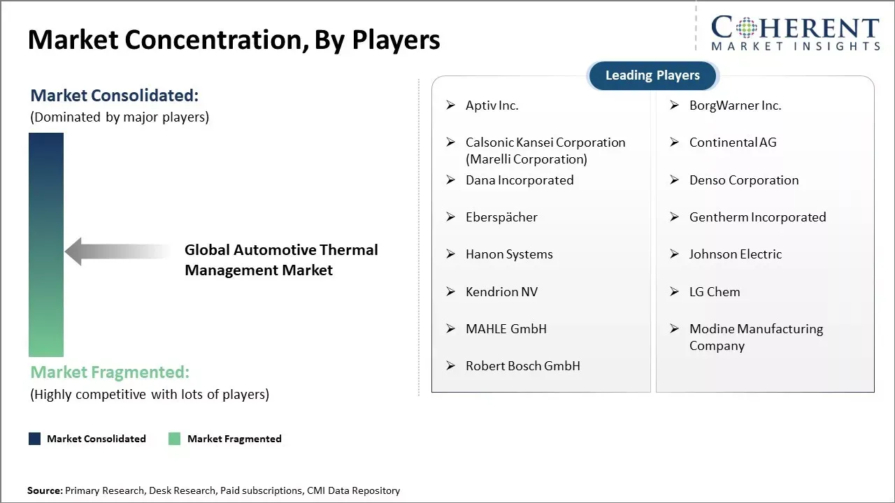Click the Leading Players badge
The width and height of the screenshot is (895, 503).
pos(652,75)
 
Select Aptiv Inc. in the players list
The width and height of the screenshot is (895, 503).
pos(492,105)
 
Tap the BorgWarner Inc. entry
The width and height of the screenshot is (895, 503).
pos(735,105)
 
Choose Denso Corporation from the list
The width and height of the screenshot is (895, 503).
pos(743,180)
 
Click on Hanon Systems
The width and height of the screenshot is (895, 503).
pos(509,254)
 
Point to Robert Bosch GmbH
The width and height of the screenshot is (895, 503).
pos(522,366)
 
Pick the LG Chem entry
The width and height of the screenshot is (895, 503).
pos(714,292)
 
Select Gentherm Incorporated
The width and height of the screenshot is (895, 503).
pos(757,217)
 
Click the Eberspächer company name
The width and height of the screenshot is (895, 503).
pos(501,217)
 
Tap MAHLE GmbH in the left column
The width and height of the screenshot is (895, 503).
pos(506,329)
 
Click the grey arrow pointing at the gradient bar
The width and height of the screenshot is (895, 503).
pos(115,251)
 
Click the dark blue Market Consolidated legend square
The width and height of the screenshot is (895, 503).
pos(34,439)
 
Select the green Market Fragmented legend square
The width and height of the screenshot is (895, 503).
pos(175,439)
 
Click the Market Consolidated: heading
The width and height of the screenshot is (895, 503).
pos(114,96)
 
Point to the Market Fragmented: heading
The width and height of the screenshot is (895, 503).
pos(109,372)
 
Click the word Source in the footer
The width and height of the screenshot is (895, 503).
pos(45,490)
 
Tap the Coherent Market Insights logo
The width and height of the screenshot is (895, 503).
pos(795,34)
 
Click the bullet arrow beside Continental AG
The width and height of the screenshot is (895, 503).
pos(674,143)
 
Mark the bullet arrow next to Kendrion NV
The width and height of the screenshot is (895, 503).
pos(451,292)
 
